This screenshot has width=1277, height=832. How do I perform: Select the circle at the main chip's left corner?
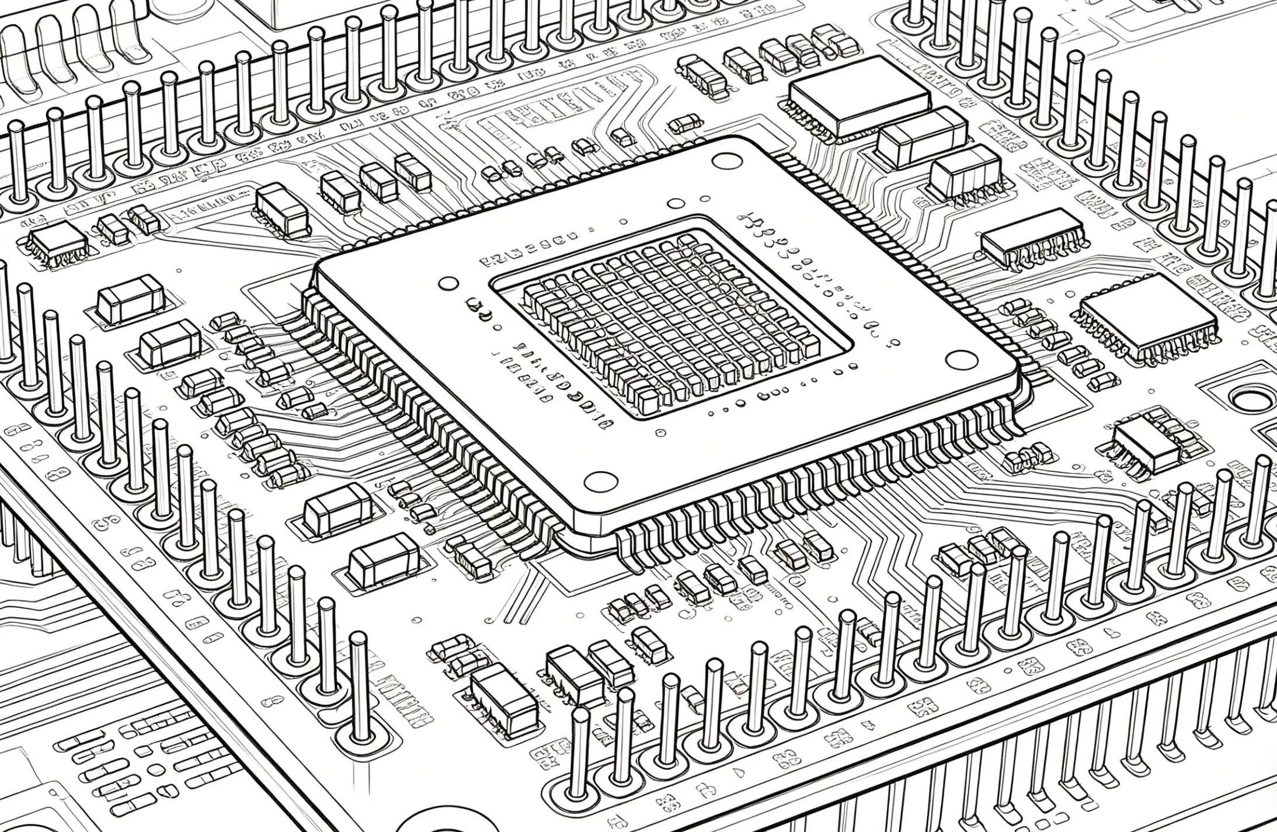click(448, 284)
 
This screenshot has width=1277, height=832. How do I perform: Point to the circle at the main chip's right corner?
click(959, 359)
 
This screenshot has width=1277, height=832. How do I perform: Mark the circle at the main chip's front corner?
click(601, 481)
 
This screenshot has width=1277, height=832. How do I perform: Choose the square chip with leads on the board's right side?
click(1147, 314)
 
